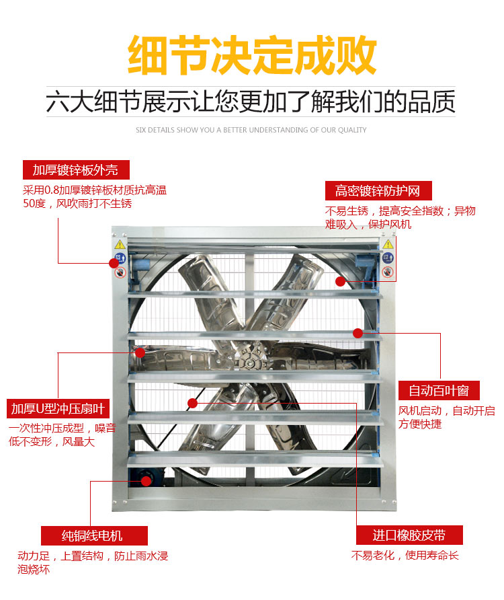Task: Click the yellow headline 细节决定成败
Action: click(x=252, y=54)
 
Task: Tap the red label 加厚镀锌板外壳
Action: click(x=76, y=170)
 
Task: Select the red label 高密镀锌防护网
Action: click(x=378, y=190)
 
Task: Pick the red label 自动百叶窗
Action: click(x=439, y=391)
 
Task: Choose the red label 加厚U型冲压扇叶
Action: click(x=58, y=409)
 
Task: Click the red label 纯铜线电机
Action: click(x=94, y=535)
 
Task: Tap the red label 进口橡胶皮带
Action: click(x=409, y=535)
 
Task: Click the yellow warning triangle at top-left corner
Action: click(x=120, y=245)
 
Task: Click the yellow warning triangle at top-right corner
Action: click(x=388, y=244)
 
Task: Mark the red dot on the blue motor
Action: click(x=146, y=481)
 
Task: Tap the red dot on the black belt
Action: click(x=192, y=403)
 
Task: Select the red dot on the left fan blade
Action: click(x=140, y=352)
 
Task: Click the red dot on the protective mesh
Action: click(x=340, y=282)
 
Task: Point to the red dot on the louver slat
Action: click(x=358, y=333)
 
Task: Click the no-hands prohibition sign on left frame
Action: click(x=120, y=272)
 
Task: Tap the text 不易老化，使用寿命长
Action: click(x=405, y=555)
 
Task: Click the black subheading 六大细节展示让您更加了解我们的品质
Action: click(x=251, y=102)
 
